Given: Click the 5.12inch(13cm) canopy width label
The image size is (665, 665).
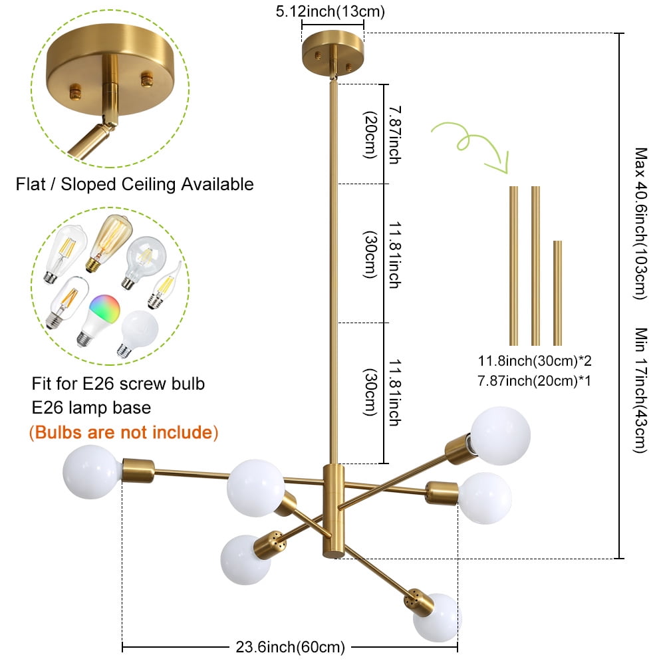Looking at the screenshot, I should click(332, 11).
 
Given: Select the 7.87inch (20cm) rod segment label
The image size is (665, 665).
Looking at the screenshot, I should click(382, 134).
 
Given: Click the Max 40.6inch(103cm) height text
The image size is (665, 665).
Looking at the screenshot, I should click(640, 223).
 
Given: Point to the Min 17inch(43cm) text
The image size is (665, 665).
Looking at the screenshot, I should click(640, 390).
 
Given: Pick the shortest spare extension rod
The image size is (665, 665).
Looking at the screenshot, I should click(557, 293).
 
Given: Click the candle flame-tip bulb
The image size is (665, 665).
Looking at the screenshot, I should click(164, 287).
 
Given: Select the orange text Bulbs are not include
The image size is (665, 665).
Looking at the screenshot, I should click(124, 432).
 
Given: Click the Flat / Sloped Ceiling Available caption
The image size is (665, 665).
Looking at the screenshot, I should click(135, 184).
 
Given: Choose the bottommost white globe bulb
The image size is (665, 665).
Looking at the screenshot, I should click(436, 618).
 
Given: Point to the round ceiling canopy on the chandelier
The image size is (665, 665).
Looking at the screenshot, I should click(332, 52).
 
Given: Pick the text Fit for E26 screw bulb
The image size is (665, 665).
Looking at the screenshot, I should click(118, 384).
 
